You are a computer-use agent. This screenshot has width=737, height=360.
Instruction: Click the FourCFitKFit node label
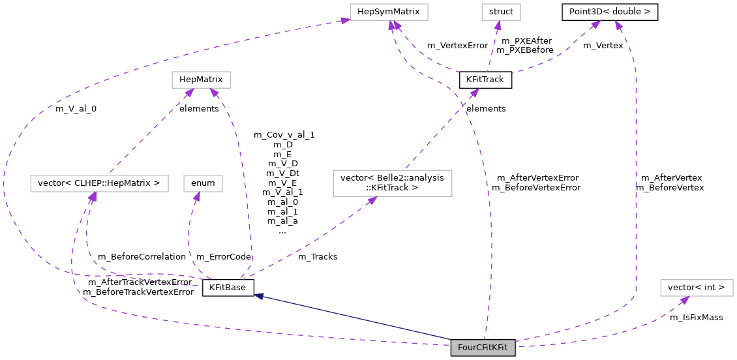click(483, 348)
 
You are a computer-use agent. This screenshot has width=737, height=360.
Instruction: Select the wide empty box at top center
click(389, 12)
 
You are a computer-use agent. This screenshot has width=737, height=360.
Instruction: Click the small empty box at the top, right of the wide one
click(501, 12)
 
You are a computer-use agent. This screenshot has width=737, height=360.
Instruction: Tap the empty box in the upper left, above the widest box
click(201, 80)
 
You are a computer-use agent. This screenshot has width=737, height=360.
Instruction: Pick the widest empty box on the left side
click(99, 183)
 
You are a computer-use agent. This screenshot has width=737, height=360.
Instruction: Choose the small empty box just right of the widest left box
click(203, 183)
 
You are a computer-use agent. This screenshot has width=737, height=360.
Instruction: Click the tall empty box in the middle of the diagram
click(392, 183)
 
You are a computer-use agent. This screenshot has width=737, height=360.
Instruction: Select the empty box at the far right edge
click(697, 288)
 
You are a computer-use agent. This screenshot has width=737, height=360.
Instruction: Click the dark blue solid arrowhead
click(259, 297)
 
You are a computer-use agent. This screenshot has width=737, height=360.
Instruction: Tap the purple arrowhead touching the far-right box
click(684, 301)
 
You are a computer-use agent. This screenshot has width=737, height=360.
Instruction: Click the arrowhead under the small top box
click(498, 26)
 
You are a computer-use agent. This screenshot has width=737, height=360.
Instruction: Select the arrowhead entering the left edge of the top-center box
click(344, 21)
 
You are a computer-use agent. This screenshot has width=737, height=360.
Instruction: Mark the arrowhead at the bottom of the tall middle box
click(372, 200)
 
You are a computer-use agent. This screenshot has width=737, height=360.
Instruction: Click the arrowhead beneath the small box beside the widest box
click(196, 196)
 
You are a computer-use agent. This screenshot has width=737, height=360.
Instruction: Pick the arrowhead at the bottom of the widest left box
click(93, 197)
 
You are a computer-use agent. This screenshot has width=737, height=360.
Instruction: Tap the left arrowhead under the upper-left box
click(188, 93)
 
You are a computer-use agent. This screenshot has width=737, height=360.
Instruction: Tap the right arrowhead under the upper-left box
click(213, 93)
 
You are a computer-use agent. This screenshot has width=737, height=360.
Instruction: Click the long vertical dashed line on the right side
click(636, 183)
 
